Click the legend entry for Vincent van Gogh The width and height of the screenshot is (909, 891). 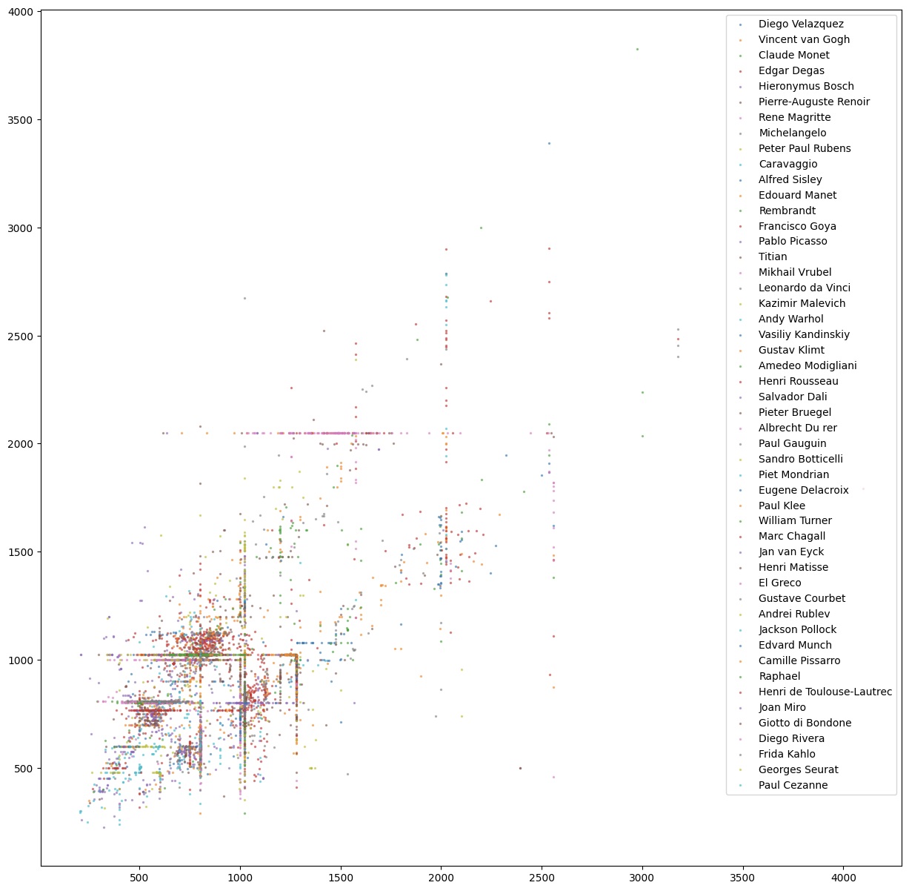pos(793,40)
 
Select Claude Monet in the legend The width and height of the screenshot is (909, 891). pos(793,56)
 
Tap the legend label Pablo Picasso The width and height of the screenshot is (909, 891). pos(793,242)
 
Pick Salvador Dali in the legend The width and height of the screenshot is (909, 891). pos(793,397)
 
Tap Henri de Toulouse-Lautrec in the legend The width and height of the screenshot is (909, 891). pos(825,692)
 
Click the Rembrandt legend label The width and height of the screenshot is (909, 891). pos(787,211)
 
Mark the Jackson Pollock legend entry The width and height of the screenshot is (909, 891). pos(797,630)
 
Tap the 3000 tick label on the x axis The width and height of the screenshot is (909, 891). pos(642,878)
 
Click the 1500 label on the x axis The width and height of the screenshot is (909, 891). pos(341,878)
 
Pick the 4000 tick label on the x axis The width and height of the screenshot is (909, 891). pos(843,878)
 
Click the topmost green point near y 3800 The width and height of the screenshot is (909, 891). pos(637,50)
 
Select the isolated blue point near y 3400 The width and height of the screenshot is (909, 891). pos(549,143)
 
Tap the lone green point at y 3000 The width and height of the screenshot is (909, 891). pos(481,228)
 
